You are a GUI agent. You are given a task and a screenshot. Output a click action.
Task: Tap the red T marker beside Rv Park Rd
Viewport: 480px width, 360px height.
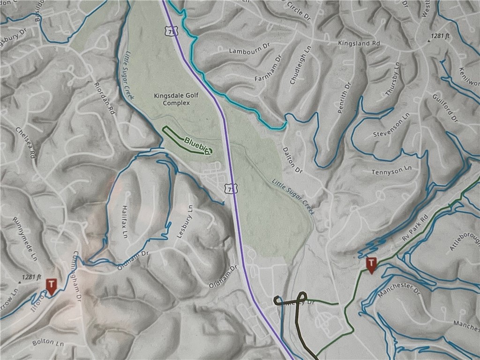(x=371, y=264)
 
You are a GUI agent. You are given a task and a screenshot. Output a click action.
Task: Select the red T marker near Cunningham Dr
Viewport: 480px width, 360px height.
(x=51, y=286)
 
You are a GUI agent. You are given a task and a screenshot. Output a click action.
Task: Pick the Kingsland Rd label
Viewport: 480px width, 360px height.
(x=359, y=43)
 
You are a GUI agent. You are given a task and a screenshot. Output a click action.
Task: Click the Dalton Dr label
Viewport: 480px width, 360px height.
(x=293, y=160)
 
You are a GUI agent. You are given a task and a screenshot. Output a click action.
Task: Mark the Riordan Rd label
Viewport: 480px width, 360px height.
(x=105, y=98)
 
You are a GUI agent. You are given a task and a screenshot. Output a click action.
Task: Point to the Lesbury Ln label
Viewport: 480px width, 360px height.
(x=184, y=221)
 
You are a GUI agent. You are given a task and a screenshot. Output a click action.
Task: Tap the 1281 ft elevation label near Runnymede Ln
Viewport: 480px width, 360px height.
(x=30, y=277)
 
